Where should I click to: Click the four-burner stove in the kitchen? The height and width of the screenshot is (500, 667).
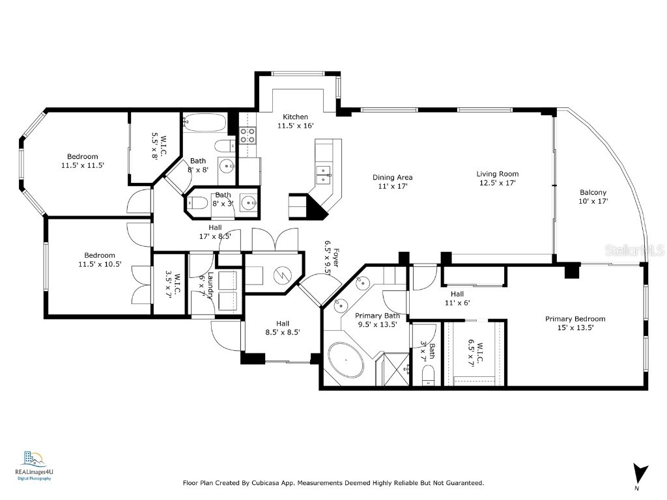[248, 135]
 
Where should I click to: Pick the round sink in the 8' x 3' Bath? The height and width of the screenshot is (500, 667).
[248, 204]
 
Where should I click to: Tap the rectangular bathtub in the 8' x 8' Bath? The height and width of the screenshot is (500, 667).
[204, 122]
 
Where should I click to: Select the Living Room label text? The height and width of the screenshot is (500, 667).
[497, 174]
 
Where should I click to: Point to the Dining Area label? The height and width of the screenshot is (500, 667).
[392, 177]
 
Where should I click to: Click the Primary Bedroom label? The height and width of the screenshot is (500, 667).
[575, 319]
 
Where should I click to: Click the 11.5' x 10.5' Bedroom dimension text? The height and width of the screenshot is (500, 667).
[100, 264]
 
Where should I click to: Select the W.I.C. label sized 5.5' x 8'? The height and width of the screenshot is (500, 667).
[159, 146]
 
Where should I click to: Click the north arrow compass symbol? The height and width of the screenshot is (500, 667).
[641, 472]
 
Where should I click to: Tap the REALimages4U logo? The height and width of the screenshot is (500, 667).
[33, 465]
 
